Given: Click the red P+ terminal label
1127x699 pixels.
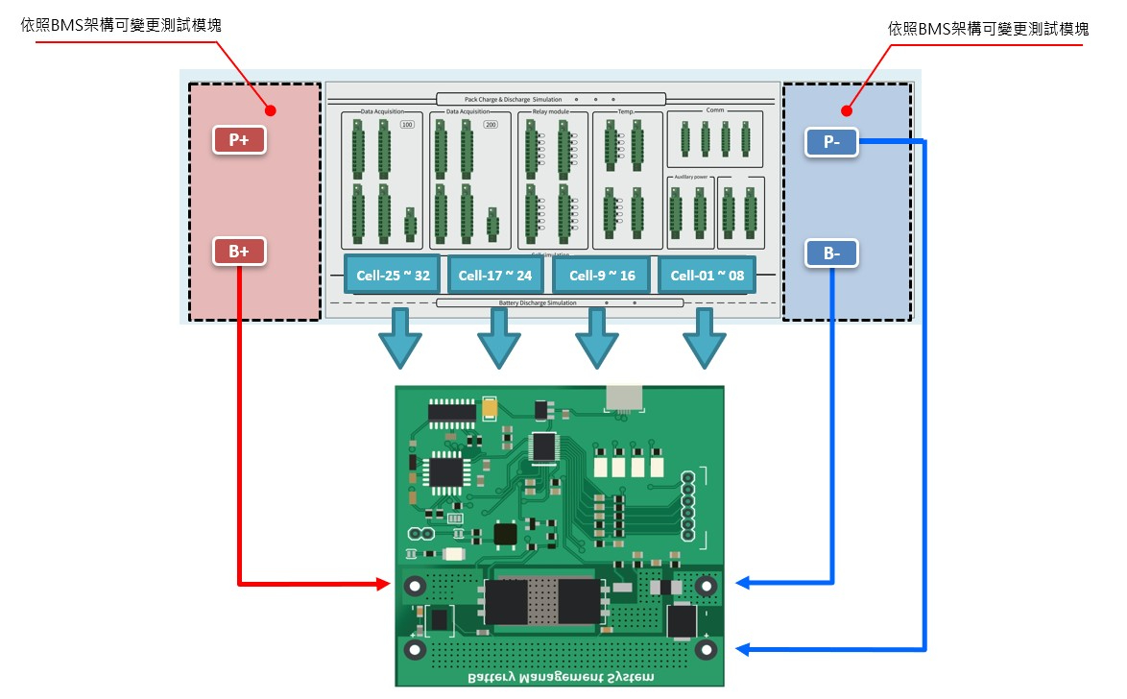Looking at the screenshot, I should [x=239, y=139].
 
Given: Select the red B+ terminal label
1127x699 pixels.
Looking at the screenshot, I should [x=239, y=252].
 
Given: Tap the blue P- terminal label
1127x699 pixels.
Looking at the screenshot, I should [x=831, y=143].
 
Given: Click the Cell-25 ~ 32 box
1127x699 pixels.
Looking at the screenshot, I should [x=392, y=276].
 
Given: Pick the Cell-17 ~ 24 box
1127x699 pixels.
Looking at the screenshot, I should [x=495, y=276].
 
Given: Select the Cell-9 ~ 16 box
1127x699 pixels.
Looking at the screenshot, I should [x=602, y=276].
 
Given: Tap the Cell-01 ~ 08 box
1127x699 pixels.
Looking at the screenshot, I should [x=707, y=276].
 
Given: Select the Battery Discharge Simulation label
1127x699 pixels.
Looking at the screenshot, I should [x=538, y=302].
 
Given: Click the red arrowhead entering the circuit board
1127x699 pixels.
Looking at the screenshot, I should [x=386, y=584].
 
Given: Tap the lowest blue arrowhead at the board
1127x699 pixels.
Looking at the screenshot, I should [x=745, y=650].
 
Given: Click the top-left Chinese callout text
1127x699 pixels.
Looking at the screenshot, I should [x=121, y=26].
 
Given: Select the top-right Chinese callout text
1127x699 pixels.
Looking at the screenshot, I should [x=989, y=29].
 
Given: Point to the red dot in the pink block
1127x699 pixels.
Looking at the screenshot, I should [x=271, y=110].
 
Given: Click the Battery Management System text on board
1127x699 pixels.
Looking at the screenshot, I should [x=561, y=677].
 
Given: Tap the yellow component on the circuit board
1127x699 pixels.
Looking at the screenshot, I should [x=491, y=409].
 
